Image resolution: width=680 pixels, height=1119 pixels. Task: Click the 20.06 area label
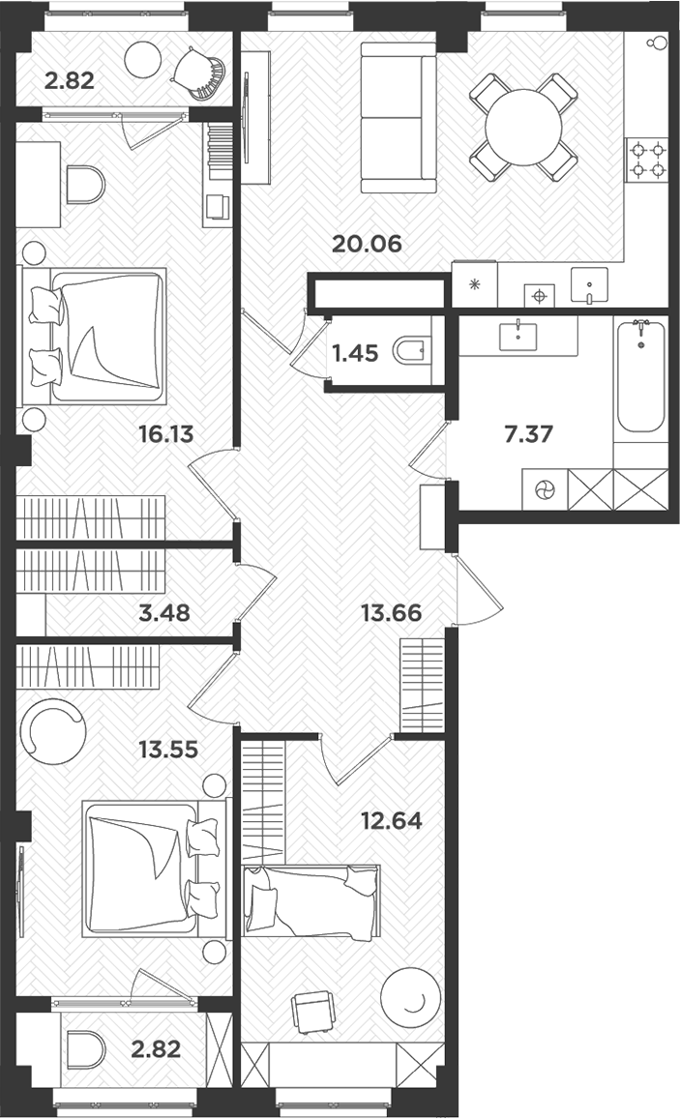366,244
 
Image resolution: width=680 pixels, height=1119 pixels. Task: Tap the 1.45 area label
354,353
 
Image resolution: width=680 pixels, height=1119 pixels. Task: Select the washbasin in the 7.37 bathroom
519,335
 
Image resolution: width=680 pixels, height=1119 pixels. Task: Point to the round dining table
523,127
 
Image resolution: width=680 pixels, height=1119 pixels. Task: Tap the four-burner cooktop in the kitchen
647,160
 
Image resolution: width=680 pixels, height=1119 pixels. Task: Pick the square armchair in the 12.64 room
310,1013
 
